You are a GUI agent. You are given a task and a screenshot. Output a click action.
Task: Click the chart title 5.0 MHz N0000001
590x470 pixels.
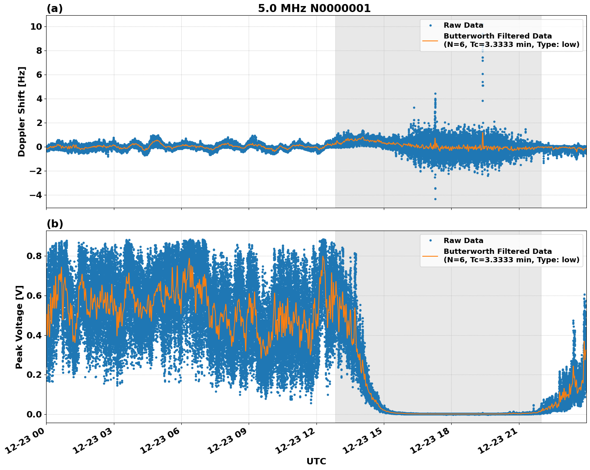(314, 8)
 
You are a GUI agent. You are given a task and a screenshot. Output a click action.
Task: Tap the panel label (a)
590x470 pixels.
(55, 8)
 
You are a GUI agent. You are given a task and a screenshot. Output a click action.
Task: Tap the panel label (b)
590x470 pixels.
(55, 224)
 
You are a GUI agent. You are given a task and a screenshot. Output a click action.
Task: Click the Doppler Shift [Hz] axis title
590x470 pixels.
(22, 111)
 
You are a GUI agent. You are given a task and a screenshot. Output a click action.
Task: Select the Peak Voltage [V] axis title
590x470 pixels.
(19, 327)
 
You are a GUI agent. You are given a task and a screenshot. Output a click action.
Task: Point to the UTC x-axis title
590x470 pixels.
(316, 461)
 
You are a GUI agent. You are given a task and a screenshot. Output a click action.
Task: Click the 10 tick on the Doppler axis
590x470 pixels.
(36, 26)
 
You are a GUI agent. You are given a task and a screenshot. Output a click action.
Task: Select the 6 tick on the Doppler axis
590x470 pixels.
(39, 75)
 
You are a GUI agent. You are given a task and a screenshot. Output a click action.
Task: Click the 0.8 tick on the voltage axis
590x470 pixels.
(34, 256)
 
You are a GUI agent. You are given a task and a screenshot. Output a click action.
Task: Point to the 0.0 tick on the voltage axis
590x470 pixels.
(34, 414)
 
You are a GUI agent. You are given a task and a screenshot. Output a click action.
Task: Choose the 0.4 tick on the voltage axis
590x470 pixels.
(34, 335)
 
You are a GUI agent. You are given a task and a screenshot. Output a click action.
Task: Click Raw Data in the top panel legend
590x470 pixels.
(463, 25)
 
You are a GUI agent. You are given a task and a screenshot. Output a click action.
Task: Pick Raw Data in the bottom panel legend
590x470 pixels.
(463, 241)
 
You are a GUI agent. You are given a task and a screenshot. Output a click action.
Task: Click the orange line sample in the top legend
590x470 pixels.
(430, 41)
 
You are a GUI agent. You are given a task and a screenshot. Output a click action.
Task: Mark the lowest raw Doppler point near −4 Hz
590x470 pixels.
(435, 199)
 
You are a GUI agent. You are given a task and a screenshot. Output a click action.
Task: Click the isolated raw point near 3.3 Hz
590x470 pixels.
(414, 107)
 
